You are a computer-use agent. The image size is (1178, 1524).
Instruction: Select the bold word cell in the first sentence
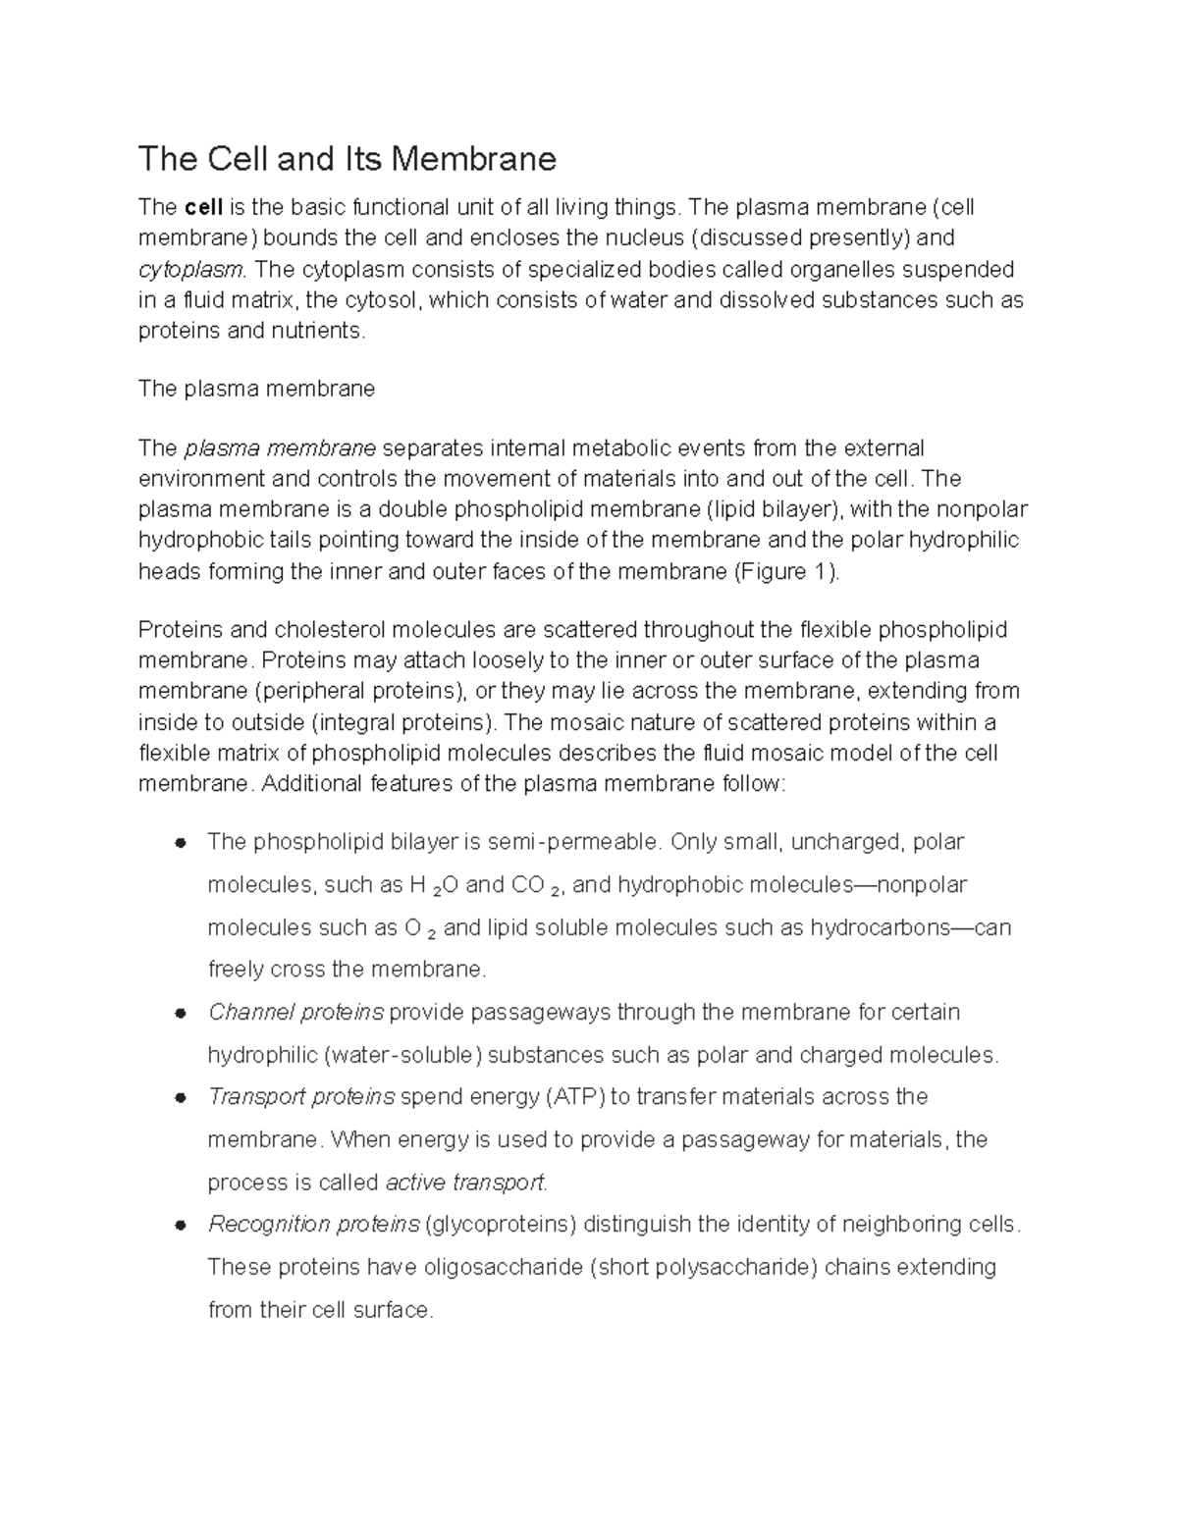(204, 207)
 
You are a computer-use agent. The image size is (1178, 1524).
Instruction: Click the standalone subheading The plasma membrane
(256, 389)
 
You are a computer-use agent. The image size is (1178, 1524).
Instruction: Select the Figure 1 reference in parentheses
(787, 571)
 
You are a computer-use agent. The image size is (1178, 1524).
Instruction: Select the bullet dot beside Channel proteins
(180, 1013)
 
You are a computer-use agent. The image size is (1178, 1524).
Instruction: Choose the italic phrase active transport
(465, 1182)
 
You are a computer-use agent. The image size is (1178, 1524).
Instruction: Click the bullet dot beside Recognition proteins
(180, 1225)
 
